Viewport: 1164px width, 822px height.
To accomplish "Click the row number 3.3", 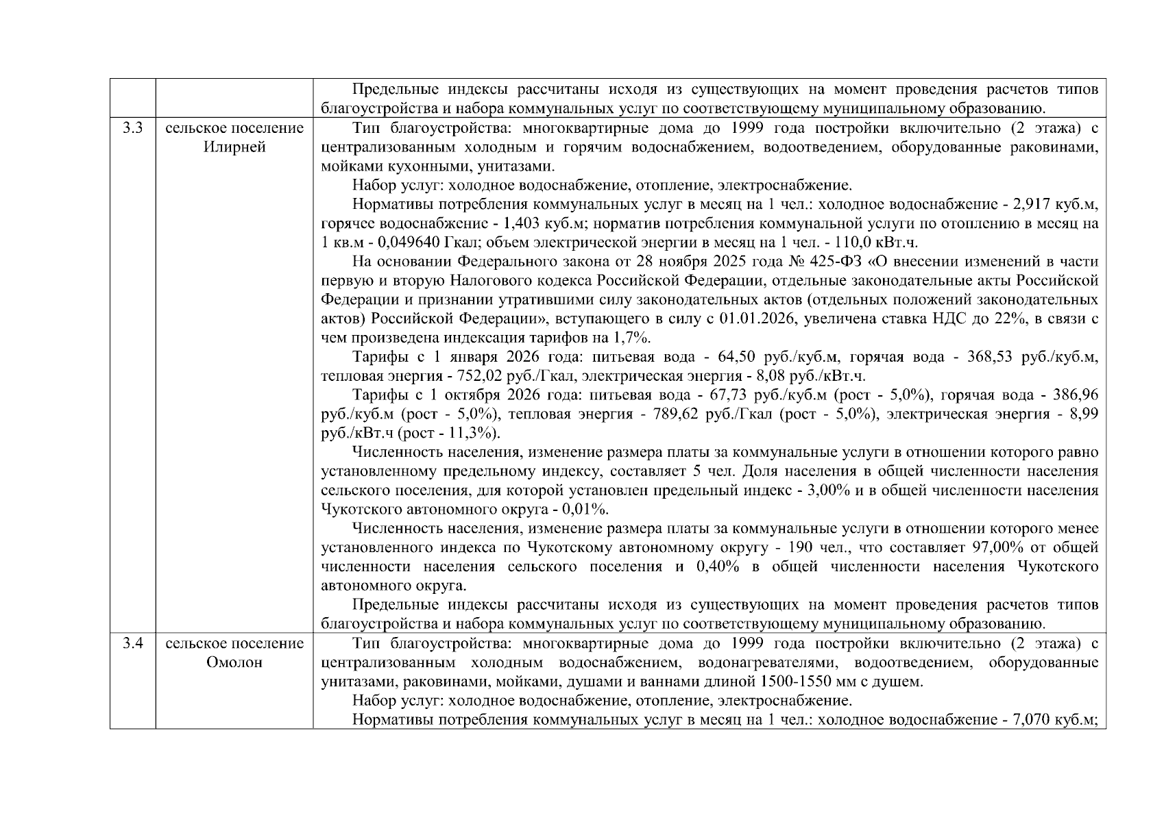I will tap(132, 128).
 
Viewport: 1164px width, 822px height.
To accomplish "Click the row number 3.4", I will tap(132, 644).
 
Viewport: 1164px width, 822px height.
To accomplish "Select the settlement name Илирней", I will tap(234, 147).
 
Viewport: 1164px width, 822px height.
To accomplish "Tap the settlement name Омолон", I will tap(234, 663).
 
